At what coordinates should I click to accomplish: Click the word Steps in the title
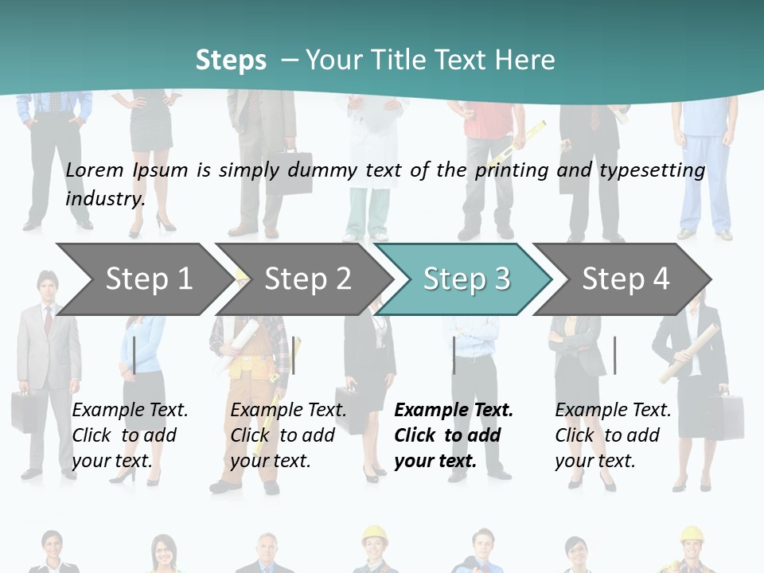click(231, 60)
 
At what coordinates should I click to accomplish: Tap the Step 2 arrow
click(302, 279)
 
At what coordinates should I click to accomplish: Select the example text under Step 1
click(130, 435)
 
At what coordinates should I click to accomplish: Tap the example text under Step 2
click(288, 435)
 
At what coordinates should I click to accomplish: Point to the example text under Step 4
click(613, 435)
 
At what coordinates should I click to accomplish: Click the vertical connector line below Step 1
click(134, 355)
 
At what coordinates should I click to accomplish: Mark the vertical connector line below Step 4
click(614, 355)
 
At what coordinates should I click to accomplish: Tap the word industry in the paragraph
click(105, 198)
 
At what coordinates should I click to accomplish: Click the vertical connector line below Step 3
click(454, 355)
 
